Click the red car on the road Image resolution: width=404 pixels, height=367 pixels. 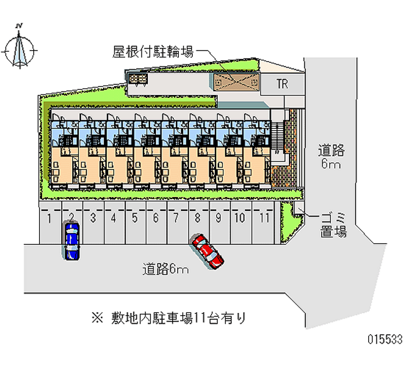click(207, 250)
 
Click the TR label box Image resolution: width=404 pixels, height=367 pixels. click(282, 84)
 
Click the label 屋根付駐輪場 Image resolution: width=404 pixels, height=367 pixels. click(153, 51)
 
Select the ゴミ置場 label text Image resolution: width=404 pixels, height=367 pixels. click(333, 225)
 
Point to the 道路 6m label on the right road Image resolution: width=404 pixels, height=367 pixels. click(331, 156)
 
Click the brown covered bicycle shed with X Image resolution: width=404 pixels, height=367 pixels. click(236, 81)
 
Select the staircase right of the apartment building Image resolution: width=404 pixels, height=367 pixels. click(277, 136)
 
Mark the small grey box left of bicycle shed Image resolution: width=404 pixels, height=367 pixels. click(137, 79)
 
